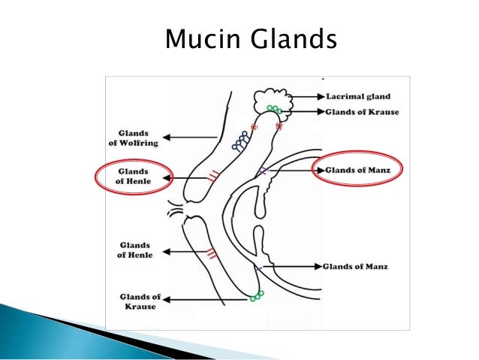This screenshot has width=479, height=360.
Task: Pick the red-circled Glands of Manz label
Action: pyautogui.click(x=357, y=170)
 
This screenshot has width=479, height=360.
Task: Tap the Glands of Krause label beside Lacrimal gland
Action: pyautogui.click(x=363, y=111)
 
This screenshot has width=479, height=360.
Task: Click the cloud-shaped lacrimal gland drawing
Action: pyautogui.click(x=269, y=99)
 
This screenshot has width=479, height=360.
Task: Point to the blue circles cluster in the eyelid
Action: pyautogui.click(x=241, y=139)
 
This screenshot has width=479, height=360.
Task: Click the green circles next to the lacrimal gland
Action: pyautogui.click(x=276, y=110)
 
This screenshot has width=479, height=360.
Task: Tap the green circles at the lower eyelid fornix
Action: pyautogui.click(x=258, y=295)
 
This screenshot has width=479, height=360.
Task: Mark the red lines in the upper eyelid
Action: pyautogui.click(x=215, y=176)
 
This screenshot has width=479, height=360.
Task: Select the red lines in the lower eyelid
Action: pyautogui.click(x=212, y=252)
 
